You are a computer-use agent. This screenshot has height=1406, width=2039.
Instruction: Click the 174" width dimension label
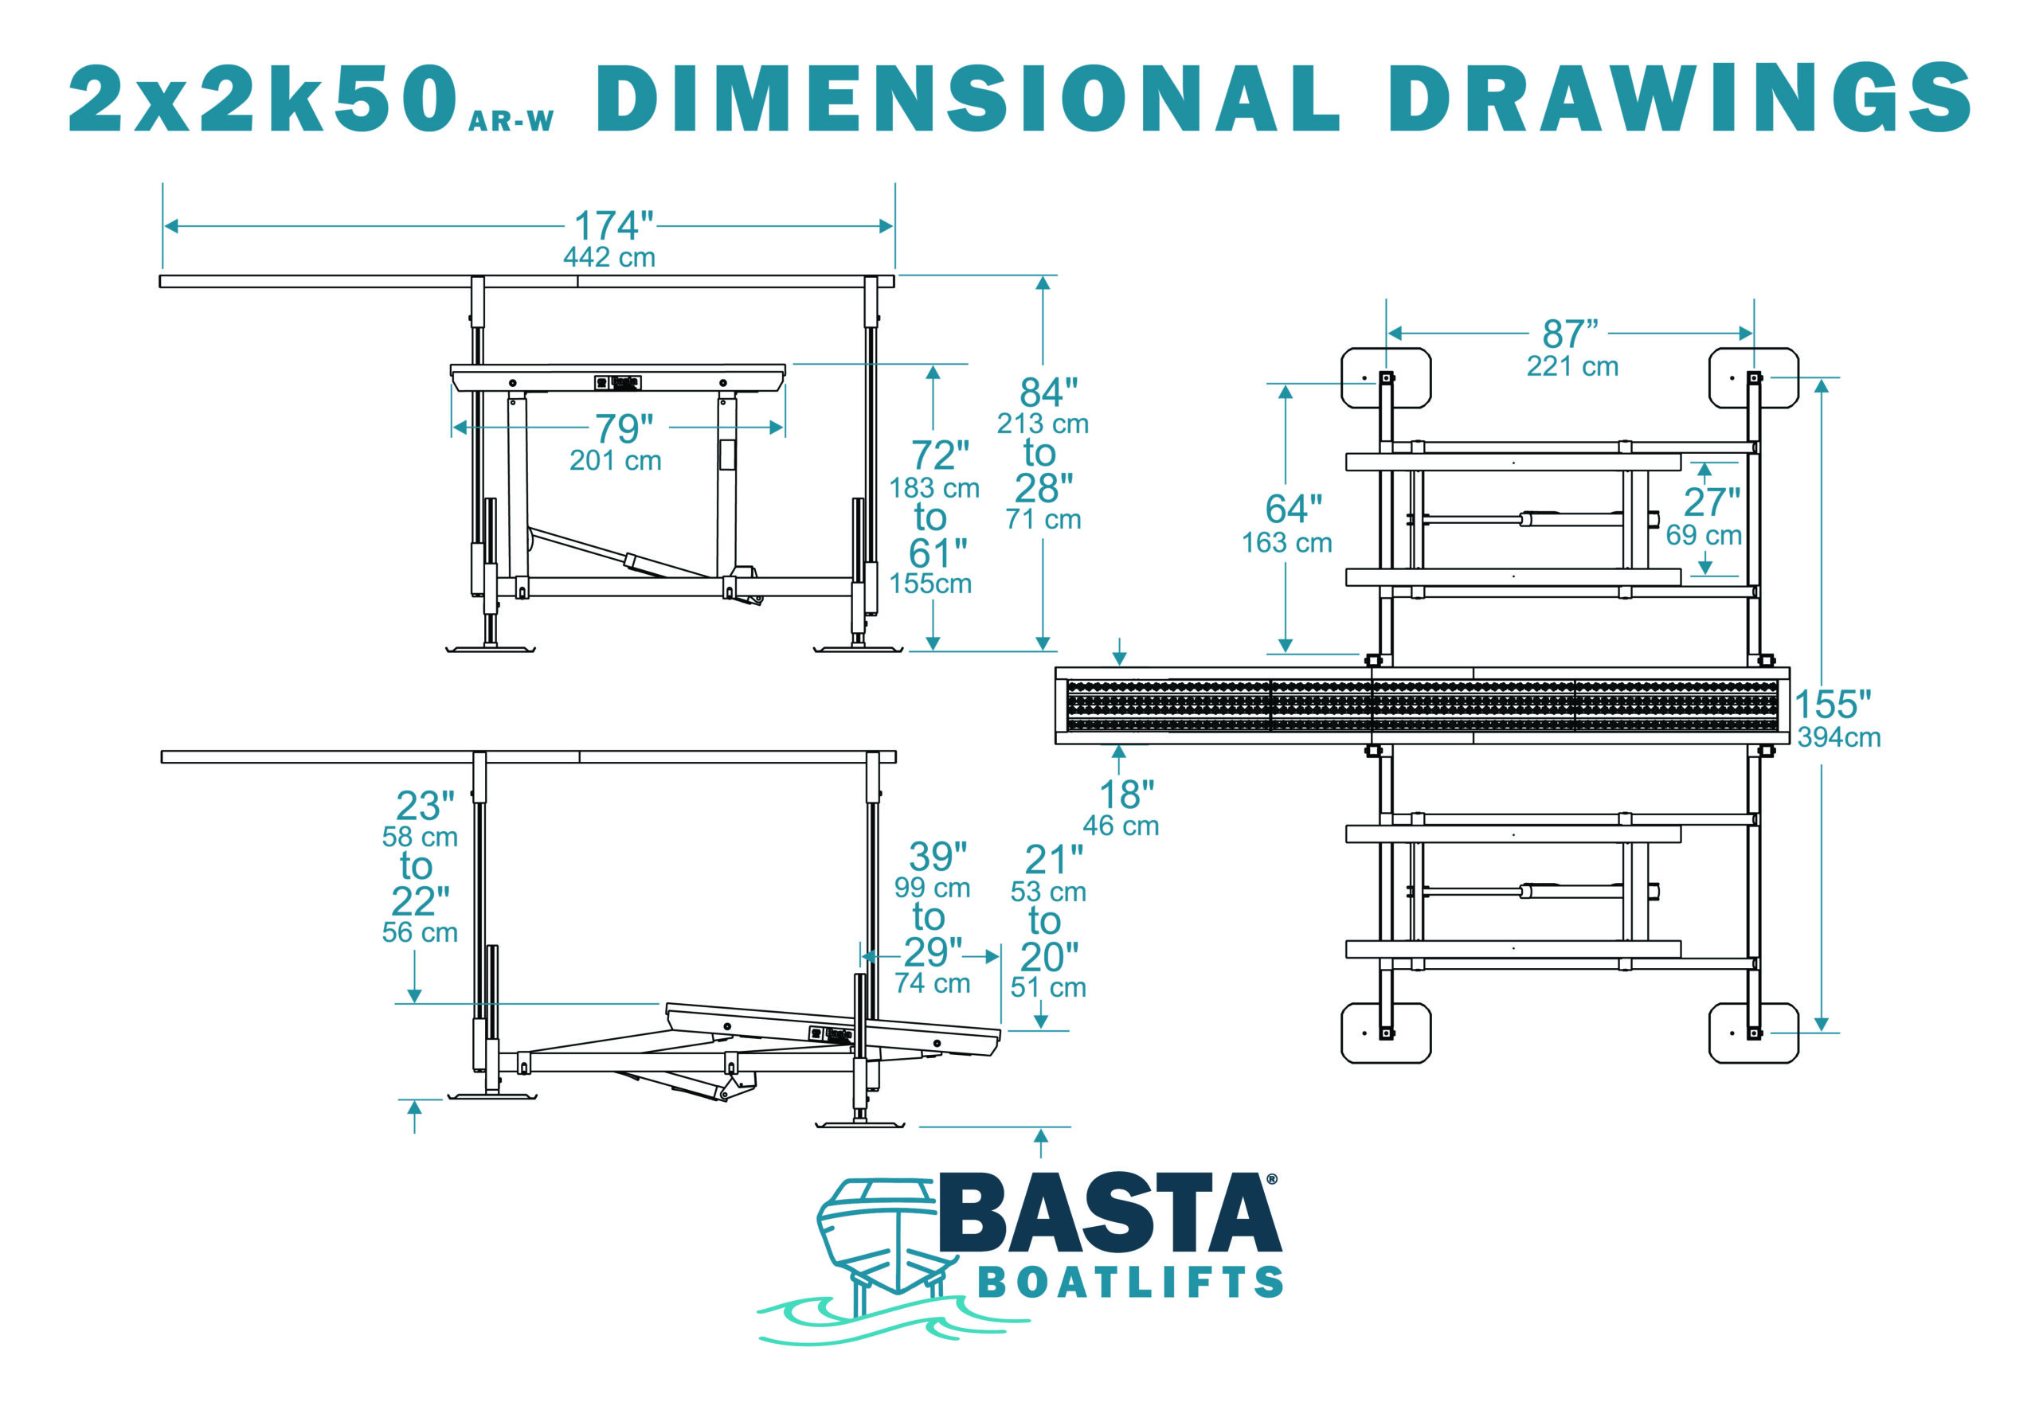pyautogui.click(x=613, y=225)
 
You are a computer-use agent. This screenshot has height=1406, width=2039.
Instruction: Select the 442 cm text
pyautogui.click(x=609, y=257)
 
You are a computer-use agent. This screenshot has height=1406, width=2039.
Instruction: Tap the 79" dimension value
pyautogui.click(x=624, y=429)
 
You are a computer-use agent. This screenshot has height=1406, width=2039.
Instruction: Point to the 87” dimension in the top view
pyautogui.click(x=1569, y=334)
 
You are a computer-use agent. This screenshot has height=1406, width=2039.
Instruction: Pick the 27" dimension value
pyautogui.click(x=1711, y=502)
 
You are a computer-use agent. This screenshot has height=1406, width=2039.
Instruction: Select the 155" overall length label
pyautogui.click(x=1833, y=705)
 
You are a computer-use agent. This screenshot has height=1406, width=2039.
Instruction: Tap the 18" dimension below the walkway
pyautogui.click(x=1126, y=795)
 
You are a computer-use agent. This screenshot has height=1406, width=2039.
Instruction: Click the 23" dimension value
pyautogui.click(x=425, y=805)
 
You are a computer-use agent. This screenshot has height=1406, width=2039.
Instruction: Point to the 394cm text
pyautogui.click(x=1839, y=737)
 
